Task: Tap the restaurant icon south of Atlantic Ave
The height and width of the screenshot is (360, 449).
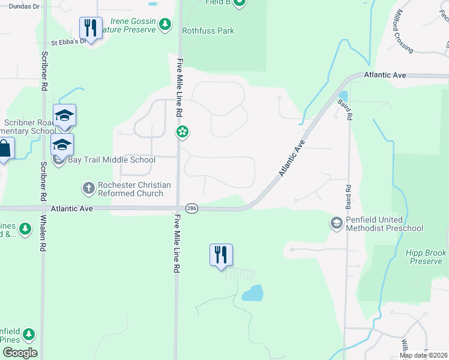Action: click(x=221, y=254)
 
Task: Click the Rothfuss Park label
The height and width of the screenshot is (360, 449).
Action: click(x=208, y=31)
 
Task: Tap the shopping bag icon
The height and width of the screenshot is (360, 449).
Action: click(x=4, y=149)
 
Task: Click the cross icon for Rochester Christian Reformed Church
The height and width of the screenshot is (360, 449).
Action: click(x=88, y=188)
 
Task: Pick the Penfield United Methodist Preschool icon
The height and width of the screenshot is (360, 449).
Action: click(x=336, y=223)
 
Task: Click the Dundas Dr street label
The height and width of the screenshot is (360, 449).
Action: click(x=17, y=7)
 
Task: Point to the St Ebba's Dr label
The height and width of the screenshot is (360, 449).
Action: click(x=67, y=43)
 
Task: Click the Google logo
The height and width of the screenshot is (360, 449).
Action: click(x=20, y=353)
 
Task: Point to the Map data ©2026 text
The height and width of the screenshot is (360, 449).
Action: click(x=423, y=355)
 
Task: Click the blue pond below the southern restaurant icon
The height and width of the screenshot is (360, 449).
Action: click(x=253, y=293)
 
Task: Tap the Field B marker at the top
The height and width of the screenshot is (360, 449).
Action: click(x=239, y=3)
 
